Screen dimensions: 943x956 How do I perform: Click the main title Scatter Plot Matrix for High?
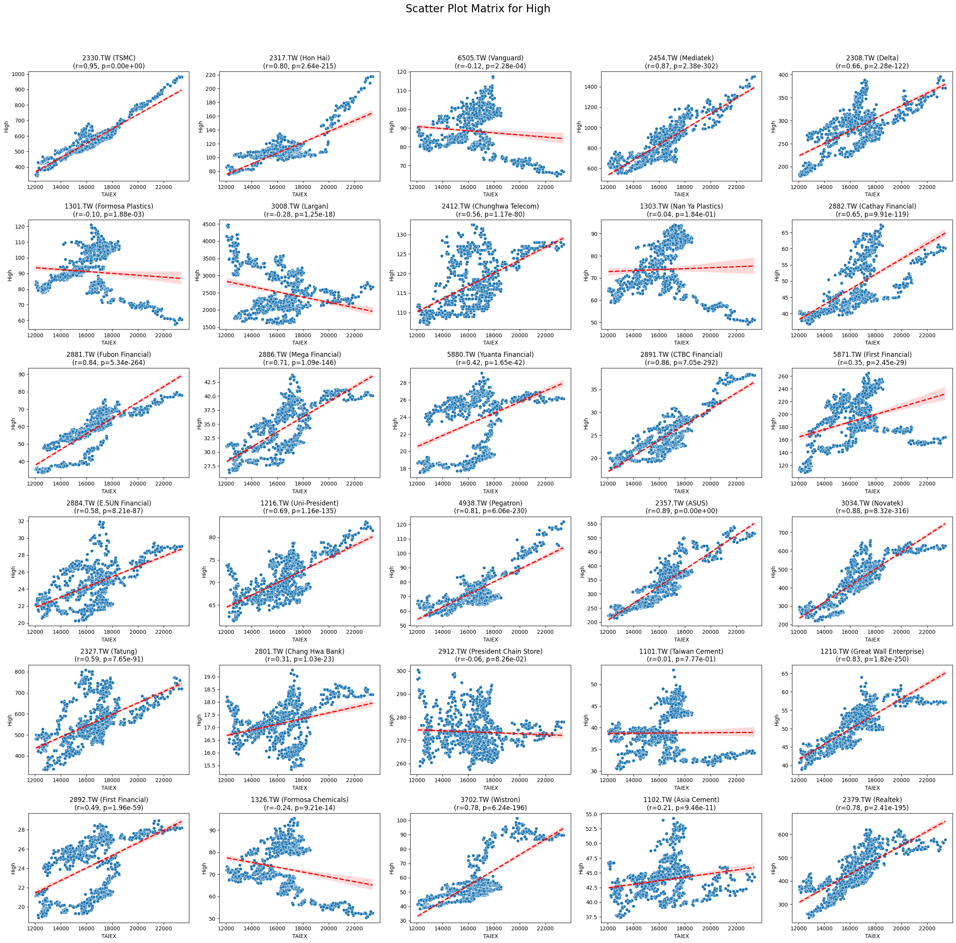(477, 9)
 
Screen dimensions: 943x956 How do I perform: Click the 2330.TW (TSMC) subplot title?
(108, 58)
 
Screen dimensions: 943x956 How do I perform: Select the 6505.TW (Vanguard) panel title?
(490, 58)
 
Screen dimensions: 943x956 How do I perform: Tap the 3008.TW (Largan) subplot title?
(299, 206)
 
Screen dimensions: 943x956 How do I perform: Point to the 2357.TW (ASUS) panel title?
(681, 503)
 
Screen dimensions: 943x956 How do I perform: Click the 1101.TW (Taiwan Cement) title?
(681, 651)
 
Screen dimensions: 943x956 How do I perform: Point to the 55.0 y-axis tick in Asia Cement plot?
(590, 814)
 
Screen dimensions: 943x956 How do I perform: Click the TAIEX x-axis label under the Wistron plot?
(490, 936)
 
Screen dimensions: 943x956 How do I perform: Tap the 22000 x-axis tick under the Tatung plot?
(163, 780)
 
